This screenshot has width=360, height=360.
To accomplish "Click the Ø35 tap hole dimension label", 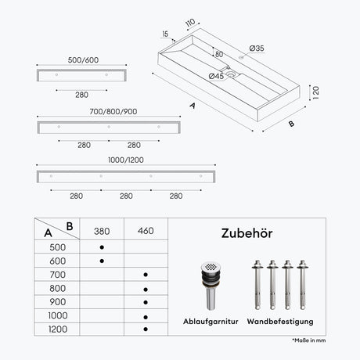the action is pos(257,49).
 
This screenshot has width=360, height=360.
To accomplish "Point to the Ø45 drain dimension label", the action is pos(216,76).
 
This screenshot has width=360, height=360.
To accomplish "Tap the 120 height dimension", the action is pos(315,92).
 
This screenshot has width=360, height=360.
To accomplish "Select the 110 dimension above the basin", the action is pos(190,23).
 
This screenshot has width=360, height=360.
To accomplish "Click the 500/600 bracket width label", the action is pos(83,60).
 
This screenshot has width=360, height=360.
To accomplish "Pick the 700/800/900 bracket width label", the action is pos(113,112).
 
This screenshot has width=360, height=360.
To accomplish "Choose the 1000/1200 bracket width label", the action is pos(126,160).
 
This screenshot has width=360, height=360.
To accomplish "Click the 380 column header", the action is pos(102,231).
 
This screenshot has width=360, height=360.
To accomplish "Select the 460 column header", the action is pos(146,231).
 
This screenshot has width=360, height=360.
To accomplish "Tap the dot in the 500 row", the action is pos(102,247).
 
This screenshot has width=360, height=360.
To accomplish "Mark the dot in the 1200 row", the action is pos(146,329).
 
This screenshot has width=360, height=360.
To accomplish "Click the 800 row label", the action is pos(58,288).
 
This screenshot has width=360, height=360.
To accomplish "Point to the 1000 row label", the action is pos(58,315).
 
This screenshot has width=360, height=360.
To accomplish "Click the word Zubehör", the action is pos(247,233).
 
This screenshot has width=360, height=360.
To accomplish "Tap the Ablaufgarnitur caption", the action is pos(211,322).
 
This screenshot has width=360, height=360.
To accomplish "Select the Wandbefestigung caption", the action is pos(280,322).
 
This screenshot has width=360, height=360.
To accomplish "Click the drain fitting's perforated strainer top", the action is pos(211,267).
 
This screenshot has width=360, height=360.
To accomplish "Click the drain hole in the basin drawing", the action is pos(231,74).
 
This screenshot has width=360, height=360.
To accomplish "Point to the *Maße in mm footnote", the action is pos(309,340).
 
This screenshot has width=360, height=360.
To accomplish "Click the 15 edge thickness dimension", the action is pos(165,34).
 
